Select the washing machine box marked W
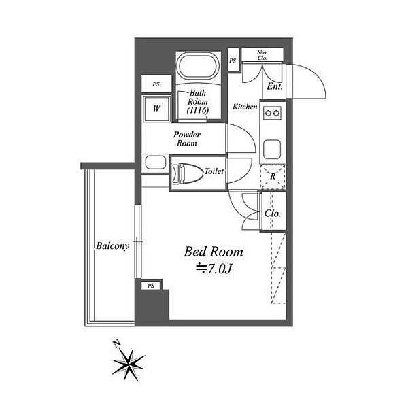156,108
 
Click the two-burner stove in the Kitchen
273,113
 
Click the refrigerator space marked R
273,177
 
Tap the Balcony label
112,246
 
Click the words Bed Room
214,252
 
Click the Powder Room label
187,139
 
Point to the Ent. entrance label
275,86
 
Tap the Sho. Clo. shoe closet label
262,55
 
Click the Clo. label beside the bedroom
273,214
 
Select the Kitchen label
245,107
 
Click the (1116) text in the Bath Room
198,110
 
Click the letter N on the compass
118,343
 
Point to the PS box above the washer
156,84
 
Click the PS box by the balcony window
151,286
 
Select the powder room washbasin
156,163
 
